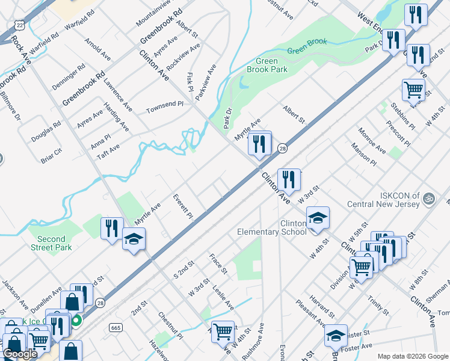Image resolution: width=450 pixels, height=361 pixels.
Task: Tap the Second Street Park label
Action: point(51,243)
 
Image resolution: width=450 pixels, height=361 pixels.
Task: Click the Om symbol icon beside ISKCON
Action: point(429,198)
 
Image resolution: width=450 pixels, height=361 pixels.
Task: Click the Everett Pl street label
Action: point(182,206)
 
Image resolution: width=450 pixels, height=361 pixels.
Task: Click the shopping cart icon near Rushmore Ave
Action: point(223,330)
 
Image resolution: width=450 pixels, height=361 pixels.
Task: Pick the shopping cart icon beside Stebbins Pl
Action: point(413,90)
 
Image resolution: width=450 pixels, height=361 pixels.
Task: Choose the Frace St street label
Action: point(217,264)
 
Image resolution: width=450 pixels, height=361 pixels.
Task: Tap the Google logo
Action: point(20,354)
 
